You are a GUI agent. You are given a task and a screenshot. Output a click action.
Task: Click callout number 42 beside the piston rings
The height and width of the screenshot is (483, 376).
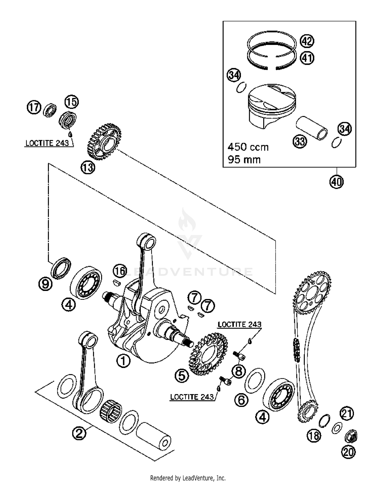point(307,41)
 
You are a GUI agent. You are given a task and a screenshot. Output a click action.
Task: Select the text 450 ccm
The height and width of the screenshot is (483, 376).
point(248,147)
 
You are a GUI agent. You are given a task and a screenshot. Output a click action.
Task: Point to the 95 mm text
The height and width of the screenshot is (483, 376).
point(244,160)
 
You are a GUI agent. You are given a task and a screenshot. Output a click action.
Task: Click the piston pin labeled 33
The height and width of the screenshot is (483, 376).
point(312,128)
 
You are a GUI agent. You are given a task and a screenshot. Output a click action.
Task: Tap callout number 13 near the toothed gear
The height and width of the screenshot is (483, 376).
point(88,167)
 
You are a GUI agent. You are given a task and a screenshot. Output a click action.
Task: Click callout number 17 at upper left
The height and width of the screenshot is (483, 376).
point(34,107)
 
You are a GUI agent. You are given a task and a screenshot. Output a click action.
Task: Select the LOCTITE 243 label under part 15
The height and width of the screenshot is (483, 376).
point(47,143)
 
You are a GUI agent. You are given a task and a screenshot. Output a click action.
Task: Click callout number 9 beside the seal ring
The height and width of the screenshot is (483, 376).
point(45,284)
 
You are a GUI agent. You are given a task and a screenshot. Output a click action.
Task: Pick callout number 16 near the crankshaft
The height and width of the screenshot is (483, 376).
point(120,271)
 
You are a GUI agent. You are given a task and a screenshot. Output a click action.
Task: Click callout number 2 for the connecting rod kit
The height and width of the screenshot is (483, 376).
point(79,433)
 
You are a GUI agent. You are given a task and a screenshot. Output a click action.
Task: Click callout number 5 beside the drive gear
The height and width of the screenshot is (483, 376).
point(182,376)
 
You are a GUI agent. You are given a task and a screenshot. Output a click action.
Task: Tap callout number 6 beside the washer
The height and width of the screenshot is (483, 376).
point(241,400)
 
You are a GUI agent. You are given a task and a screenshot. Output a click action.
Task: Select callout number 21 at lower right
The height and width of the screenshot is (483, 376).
point(347,413)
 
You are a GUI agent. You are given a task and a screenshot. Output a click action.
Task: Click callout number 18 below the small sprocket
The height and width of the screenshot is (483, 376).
point(314,436)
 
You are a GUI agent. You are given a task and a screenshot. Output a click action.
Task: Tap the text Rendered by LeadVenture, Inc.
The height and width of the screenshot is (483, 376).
point(188,478)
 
